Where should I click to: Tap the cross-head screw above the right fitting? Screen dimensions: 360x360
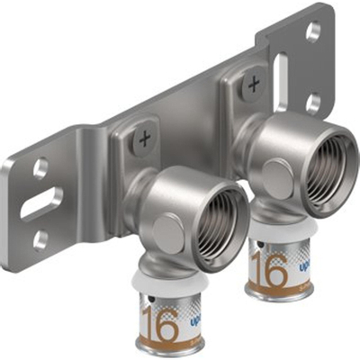(254, 85)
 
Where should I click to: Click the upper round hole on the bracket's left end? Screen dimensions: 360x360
(40, 167)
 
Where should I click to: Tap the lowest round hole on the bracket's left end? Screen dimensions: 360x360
(41, 239)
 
